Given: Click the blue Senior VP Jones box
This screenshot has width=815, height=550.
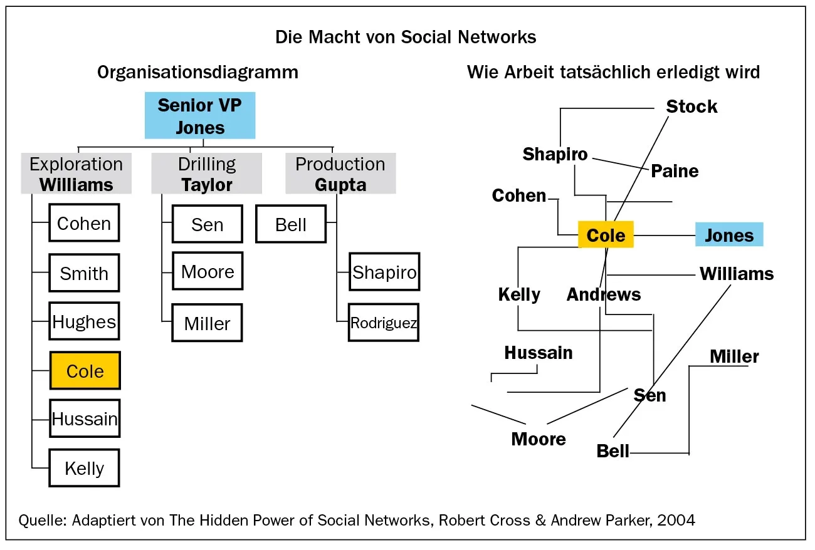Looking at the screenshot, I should [199, 116].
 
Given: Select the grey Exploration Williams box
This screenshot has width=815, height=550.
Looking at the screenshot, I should [76, 174].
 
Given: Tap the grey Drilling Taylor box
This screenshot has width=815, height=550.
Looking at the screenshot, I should [206, 174].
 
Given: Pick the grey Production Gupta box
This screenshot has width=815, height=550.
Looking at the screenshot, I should [340, 174].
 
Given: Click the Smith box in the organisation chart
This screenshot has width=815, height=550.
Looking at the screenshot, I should [84, 273].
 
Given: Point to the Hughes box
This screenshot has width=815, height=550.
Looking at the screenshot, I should [84, 322].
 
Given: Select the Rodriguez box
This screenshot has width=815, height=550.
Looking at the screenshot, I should [384, 323].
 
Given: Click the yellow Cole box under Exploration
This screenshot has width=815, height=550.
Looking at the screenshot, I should [85, 371].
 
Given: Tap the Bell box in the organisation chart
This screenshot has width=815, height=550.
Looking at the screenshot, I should [291, 224].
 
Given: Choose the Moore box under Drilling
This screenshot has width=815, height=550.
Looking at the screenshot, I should [208, 272].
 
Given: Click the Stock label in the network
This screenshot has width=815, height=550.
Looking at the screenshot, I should [691, 106].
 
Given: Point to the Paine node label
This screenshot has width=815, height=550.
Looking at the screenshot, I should [675, 171].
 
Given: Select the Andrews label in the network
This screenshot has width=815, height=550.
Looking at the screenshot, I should [604, 294].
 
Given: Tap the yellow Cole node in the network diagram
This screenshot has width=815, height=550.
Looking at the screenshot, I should [606, 235].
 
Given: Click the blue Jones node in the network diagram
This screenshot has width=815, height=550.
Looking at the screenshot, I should [729, 235].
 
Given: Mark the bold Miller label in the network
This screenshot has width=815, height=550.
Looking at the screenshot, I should [734, 356].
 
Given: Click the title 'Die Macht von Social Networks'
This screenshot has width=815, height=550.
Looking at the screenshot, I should [406, 37].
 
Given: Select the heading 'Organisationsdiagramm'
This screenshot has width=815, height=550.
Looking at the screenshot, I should [197, 73].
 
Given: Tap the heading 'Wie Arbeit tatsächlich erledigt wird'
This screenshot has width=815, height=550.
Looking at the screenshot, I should [613, 73].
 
